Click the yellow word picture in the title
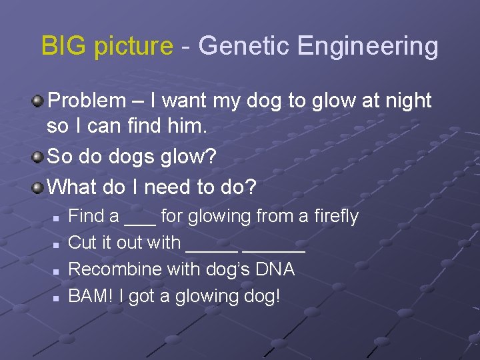tap(133, 47)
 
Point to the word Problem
tap(87, 101)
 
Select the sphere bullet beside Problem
tap(39, 101)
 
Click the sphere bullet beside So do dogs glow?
tap(39, 157)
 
